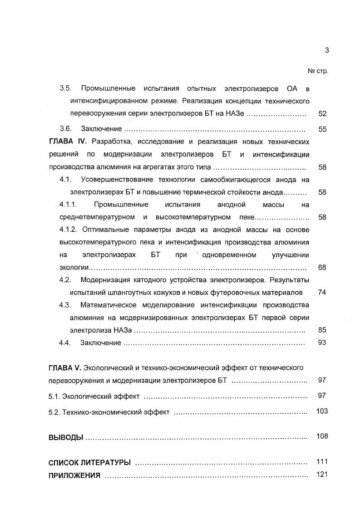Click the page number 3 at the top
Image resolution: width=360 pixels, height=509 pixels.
(x=326, y=50)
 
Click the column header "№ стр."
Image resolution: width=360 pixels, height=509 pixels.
(x=317, y=71)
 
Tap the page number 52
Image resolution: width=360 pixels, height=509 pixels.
(x=322, y=114)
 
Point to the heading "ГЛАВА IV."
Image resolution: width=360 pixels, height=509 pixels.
(x=67, y=142)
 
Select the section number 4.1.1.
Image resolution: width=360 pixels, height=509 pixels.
(x=71, y=205)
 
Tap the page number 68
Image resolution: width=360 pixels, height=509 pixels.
(x=322, y=268)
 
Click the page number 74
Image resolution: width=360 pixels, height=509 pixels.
(x=322, y=293)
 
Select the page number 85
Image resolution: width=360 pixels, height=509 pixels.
(x=322, y=330)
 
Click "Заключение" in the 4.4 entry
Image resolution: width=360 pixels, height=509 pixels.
(x=101, y=343)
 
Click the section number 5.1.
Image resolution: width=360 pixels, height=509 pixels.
(x=54, y=396)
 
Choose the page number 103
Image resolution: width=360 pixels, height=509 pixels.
(x=322, y=411)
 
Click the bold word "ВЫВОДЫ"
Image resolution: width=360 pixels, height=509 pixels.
(x=65, y=437)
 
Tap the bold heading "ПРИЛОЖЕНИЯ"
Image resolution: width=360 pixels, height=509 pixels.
(x=74, y=475)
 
